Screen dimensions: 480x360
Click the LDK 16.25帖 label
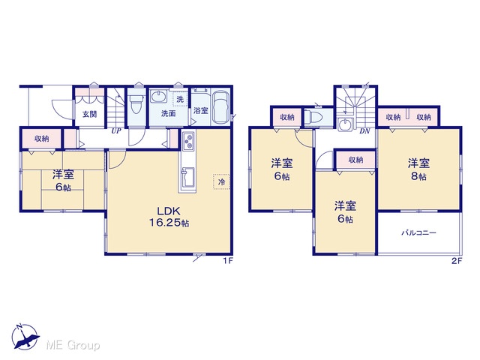click(169, 217)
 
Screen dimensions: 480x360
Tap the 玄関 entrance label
click(90, 114)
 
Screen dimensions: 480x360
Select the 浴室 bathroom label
click(201, 110)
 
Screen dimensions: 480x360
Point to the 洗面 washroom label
click(168, 113)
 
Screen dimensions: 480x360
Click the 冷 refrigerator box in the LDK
click(221, 181)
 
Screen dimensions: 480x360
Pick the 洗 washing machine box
click(180, 98)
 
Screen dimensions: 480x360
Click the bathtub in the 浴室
click(221, 107)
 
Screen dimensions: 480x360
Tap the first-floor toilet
click(136, 103)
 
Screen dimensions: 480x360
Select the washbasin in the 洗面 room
click(159, 96)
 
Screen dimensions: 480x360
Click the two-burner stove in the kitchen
click(188, 140)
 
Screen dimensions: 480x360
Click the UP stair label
click(116, 131)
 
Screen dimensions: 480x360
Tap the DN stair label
click(364, 131)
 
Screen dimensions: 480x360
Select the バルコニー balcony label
click(418, 233)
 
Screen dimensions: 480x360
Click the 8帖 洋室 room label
click(418, 169)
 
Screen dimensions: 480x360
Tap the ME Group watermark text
click(73, 345)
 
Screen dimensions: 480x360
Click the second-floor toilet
click(314, 117)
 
